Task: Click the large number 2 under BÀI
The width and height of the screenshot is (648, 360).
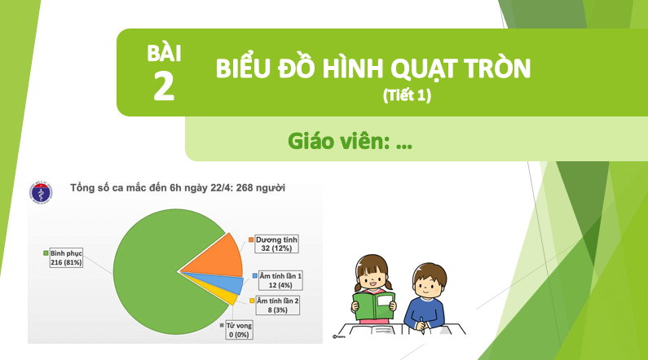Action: tap(164, 86)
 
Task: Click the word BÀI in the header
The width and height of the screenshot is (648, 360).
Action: tap(164, 53)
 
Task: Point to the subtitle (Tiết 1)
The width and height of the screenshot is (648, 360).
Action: tap(407, 95)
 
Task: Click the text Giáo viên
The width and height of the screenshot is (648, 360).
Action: tap(339, 141)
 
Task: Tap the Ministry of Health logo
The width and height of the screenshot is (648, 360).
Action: tap(41, 193)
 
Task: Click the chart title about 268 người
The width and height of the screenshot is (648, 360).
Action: tap(178, 188)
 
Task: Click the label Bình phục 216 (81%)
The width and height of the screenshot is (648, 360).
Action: tap(66, 257)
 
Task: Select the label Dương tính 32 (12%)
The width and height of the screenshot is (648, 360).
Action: tap(276, 244)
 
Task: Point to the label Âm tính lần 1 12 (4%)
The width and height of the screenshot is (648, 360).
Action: tap(280, 280)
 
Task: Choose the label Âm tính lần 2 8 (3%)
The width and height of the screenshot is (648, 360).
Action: tap(278, 305)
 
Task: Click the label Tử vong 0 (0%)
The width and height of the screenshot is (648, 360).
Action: tap(239, 331)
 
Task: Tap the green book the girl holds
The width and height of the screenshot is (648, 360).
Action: tap(374, 305)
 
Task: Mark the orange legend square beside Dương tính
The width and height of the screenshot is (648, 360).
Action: tap(251, 239)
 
